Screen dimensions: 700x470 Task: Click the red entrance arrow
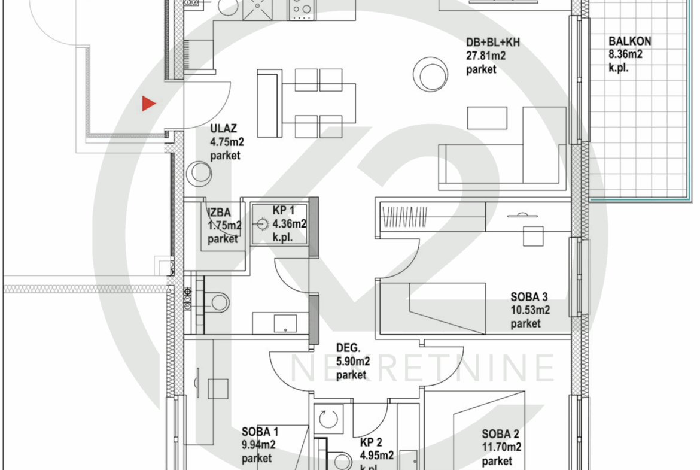[148, 104]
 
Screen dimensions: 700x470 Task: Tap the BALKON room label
[629, 41]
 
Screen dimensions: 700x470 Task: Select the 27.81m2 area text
[486, 56]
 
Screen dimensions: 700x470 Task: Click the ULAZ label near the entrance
[223, 129]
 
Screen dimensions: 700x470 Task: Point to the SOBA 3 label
[529, 296]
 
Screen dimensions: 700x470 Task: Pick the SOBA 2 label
[500, 434]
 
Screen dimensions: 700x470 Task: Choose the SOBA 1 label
[260, 432]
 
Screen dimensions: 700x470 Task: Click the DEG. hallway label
[348, 348]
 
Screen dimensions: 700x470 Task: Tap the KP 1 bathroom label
[284, 210]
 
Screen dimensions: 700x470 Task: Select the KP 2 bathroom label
[371, 442]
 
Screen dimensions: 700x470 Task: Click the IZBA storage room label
[219, 212]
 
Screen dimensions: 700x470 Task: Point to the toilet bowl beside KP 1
[217, 302]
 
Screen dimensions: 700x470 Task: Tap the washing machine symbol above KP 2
[328, 419]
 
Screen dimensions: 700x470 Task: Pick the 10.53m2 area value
[530, 310]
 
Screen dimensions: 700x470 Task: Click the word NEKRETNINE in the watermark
[422, 369]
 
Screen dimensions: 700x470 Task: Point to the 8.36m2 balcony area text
[625, 54]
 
